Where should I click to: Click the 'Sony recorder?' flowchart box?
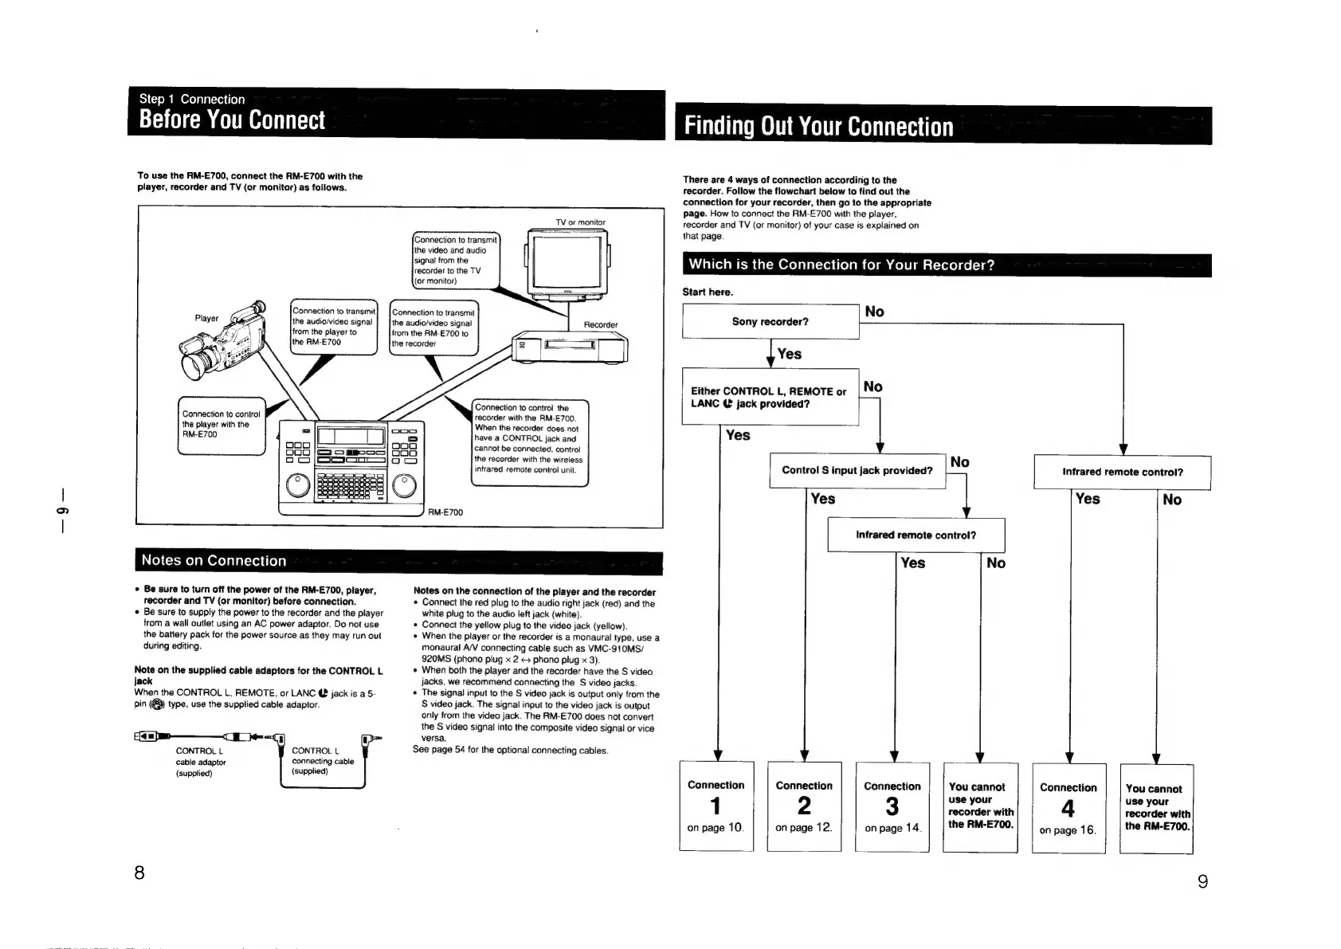tap(770, 322)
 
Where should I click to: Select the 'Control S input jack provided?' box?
tap(857, 470)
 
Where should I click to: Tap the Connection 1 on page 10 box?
tap(716, 806)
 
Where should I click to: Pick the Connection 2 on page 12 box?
tap(804, 806)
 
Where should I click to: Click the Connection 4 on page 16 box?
tap(1068, 808)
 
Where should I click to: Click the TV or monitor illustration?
tap(567, 262)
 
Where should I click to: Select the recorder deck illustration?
tap(571, 347)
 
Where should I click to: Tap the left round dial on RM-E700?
tap(297, 484)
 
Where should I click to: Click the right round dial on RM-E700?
tap(403, 484)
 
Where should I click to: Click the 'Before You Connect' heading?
tap(232, 120)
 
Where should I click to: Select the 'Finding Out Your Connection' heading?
tap(818, 127)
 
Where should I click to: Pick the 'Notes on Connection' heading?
tap(214, 561)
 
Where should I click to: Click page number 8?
tap(139, 873)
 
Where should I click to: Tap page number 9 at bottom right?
tap(1202, 881)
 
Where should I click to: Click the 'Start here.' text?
tap(708, 292)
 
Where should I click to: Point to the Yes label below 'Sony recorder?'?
tap(789, 354)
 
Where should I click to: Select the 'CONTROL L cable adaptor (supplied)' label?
tap(200, 762)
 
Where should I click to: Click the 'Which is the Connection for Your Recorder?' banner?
tap(841, 265)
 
